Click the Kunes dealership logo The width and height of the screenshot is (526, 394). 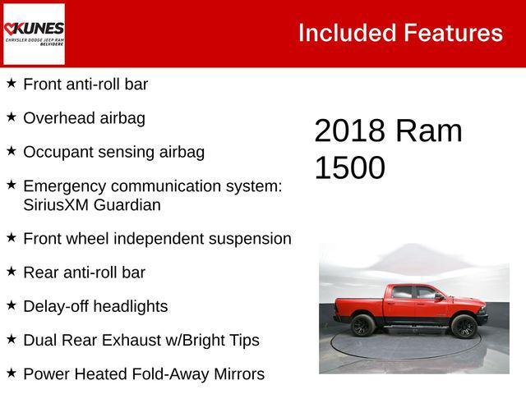coord(34,34)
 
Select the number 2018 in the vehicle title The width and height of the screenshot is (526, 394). coord(349,131)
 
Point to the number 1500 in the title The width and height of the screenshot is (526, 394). coord(349,167)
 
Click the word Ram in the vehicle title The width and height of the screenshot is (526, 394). coord(428,131)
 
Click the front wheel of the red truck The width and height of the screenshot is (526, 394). coord(465,327)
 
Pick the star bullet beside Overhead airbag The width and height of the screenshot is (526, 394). coord(12,117)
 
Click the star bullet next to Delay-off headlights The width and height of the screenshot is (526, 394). coord(12,305)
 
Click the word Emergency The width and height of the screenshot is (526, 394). coord(62,186)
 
